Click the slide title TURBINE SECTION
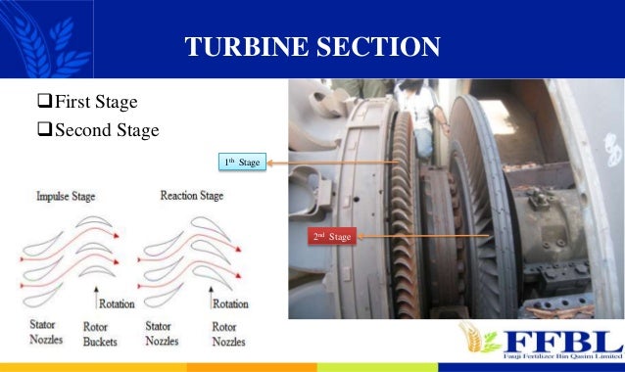click(x=312, y=46)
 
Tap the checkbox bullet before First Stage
click(x=44, y=102)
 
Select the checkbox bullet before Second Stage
click(x=44, y=129)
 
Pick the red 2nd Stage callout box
click(x=331, y=236)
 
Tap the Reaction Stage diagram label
click(x=191, y=195)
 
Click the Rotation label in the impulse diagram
click(x=116, y=304)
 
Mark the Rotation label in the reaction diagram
click(x=230, y=304)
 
